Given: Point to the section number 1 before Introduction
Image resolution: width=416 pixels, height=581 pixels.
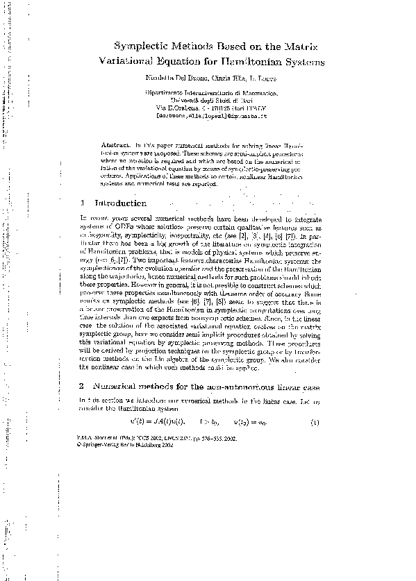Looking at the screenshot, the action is click(x=83, y=203).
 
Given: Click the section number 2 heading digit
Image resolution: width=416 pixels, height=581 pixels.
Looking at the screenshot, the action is click(x=83, y=385).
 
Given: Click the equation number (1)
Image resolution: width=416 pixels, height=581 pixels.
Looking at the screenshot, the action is click(x=315, y=423).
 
